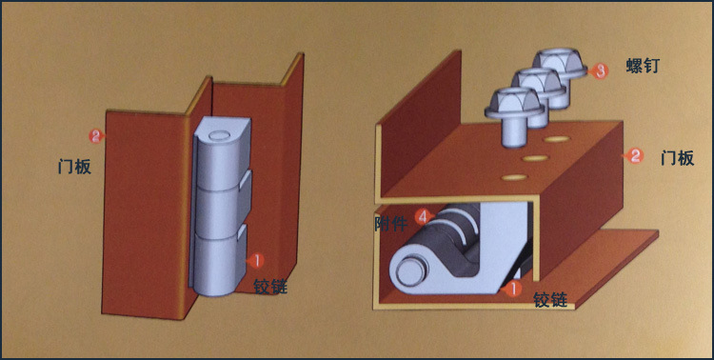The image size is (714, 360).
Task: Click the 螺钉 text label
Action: click(643, 67)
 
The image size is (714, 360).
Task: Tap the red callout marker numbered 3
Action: click(601, 70)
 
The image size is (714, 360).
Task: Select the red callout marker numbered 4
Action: click(423, 217)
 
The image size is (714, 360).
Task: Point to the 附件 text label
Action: click(390, 224)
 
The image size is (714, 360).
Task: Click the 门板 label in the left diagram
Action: click(74, 167)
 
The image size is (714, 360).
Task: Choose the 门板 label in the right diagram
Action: click(678, 159)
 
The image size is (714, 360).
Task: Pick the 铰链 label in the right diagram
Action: click(550, 300)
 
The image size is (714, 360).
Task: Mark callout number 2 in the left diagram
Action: click(96, 135)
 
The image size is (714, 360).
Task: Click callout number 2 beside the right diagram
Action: click(636, 156)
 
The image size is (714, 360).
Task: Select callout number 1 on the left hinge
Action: click(256, 260)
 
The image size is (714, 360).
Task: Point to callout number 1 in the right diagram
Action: click(512, 289)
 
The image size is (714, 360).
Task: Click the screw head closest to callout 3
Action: click(559, 64)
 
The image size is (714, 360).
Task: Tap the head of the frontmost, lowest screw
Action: click(514, 103)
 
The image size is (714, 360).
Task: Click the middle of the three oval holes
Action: click(535, 158)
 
